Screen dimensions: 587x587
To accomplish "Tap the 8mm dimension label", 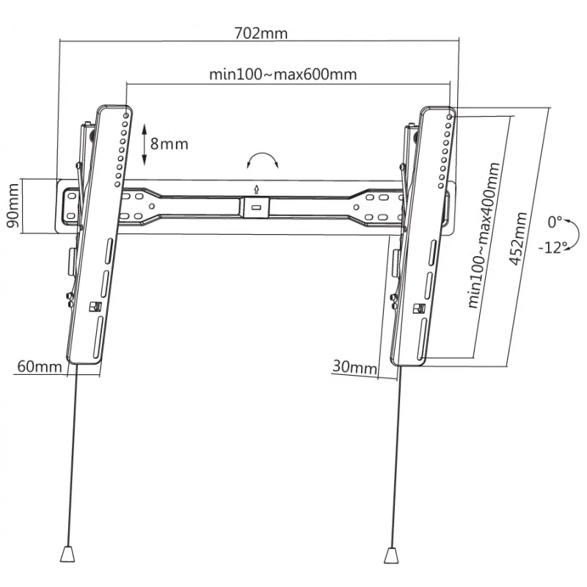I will pos(169,144).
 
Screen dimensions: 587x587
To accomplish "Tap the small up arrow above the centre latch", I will pos(255,186).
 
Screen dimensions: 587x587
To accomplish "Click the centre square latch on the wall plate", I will pos(255,206).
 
